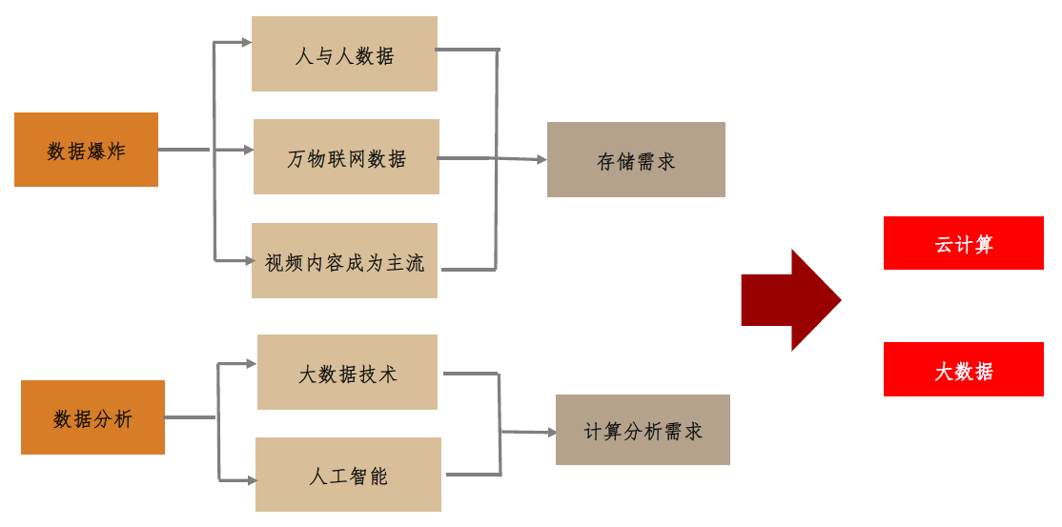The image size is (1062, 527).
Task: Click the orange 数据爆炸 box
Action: tap(86, 150)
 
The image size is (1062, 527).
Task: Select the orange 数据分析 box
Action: tap(92, 417)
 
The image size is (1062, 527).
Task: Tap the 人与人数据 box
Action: tap(344, 54)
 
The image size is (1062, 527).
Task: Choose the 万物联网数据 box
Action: tap(346, 157)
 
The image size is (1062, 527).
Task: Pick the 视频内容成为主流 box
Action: tap(344, 261)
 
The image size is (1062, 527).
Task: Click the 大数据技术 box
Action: tap(347, 373)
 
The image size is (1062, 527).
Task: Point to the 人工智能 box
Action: tap(348, 475)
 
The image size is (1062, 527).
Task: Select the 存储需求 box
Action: tap(636, 160)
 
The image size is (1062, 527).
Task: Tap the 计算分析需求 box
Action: tap(643, 430)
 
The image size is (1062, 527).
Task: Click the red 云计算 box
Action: tap(964, 243)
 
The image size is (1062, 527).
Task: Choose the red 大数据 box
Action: tap(964, 370)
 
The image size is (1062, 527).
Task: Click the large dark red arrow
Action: tap(790, 300)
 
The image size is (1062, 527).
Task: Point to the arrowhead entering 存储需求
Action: tap(540, 160)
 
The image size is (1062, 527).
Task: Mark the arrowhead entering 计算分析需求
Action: tap(550, 433)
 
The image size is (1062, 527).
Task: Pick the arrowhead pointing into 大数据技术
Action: tap(251, 363)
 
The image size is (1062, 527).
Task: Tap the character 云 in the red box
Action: tap(945, 244)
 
